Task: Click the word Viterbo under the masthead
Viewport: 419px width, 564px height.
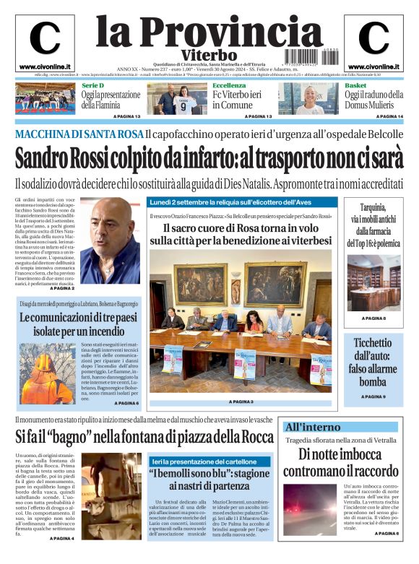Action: [x=209, y=55]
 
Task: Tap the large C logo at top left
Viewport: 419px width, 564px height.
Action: [x=44, y=39]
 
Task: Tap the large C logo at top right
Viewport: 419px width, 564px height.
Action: [x=373, y=39]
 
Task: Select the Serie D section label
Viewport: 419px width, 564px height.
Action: [x=92, y=85]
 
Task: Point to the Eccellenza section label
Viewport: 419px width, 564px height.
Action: [x=229, y=85]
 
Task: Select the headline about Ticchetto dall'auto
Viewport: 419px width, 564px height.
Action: [x=373, y=360]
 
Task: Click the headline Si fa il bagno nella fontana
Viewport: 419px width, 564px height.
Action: [x=144, y=437]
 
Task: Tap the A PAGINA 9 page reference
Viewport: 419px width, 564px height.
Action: [x=373, y=396]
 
